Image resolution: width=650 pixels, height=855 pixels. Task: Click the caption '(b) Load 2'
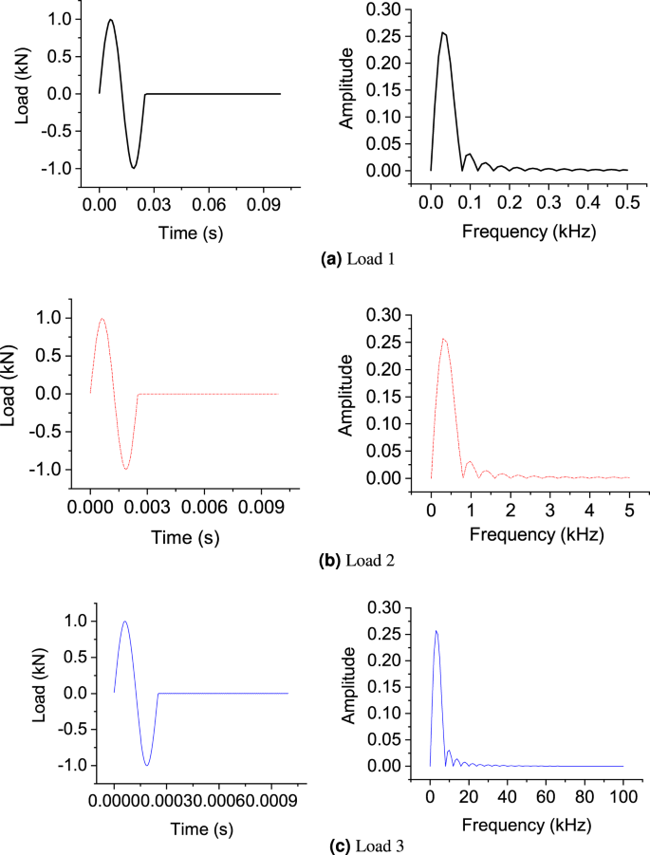(x=325, y=560)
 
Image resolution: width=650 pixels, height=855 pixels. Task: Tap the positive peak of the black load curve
(x=111, y=20)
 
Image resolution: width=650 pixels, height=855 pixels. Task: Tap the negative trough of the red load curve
(x=125, y=468)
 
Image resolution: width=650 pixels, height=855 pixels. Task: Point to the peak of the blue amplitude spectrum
(x=436, y=631)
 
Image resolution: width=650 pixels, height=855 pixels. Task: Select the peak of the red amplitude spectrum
(x=443, y=339)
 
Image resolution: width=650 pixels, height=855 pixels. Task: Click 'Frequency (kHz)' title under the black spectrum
(x=528, y=231)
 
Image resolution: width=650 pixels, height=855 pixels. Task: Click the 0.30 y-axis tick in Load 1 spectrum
(x=388, y=9)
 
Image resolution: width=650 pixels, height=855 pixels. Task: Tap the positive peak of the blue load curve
(x=124, y=623)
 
